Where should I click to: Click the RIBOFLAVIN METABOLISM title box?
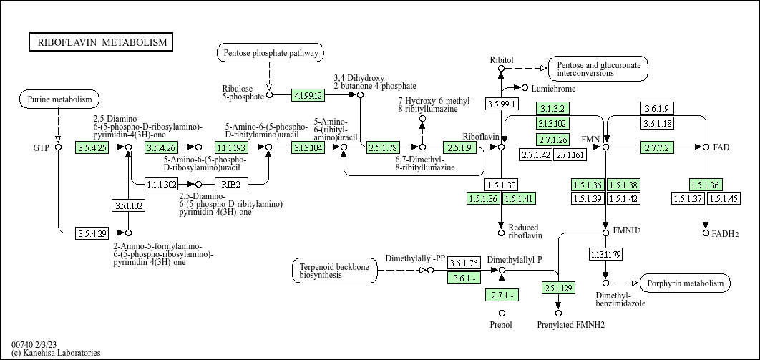click(x=101, y=42)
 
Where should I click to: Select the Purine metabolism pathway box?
click(x=59, y=99)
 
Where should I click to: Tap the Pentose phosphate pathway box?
click(x=270, y=53)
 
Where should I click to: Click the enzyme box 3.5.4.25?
click(x=92, y=147)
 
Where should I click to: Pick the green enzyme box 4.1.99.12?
click(x=308, y=94)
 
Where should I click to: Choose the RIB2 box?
click(x=230, y=184)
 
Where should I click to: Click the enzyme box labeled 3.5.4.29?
click(x=92, y=233)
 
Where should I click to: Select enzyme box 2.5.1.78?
click(x=383, y=147)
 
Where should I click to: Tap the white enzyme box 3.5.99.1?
click(x=502, y=104)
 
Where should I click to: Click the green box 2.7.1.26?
click(x=552, y=139)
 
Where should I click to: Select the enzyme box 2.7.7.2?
click(x=657, y=147)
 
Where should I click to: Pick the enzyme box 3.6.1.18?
click(x=657, y=124)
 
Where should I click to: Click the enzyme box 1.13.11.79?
click(x=605, y=254)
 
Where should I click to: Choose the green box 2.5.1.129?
click(x=558, y=288)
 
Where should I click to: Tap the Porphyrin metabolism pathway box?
click(x=685, y=283)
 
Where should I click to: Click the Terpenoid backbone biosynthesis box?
click(x=335, y=271)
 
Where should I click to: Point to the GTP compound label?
click(x=41, y=147)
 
